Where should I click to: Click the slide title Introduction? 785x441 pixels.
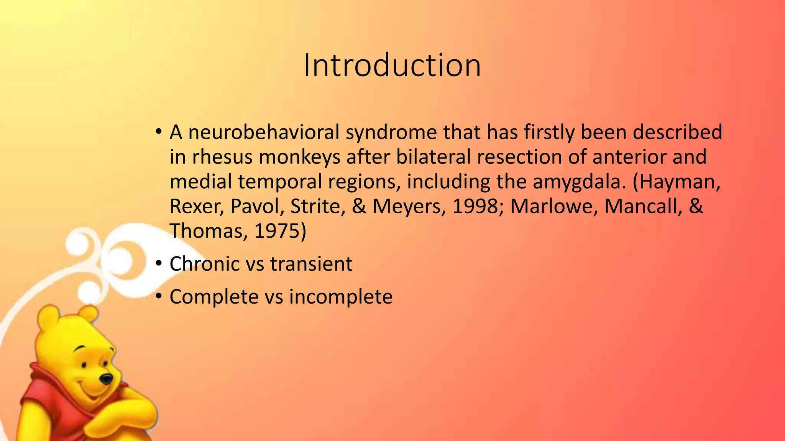pyautogui.click(x=392, y=66)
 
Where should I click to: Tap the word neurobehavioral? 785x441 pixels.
pyautogui.click(x=264, y=132)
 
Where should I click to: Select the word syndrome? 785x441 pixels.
pyautogui.click(x=391, y=132)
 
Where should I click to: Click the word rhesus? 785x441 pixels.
pyautogui.click(x=222, y=157)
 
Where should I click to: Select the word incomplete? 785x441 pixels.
pyautogui.click(x=341, y=297)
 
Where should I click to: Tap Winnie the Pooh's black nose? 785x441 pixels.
pyautogui.click(x=106, y=379)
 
